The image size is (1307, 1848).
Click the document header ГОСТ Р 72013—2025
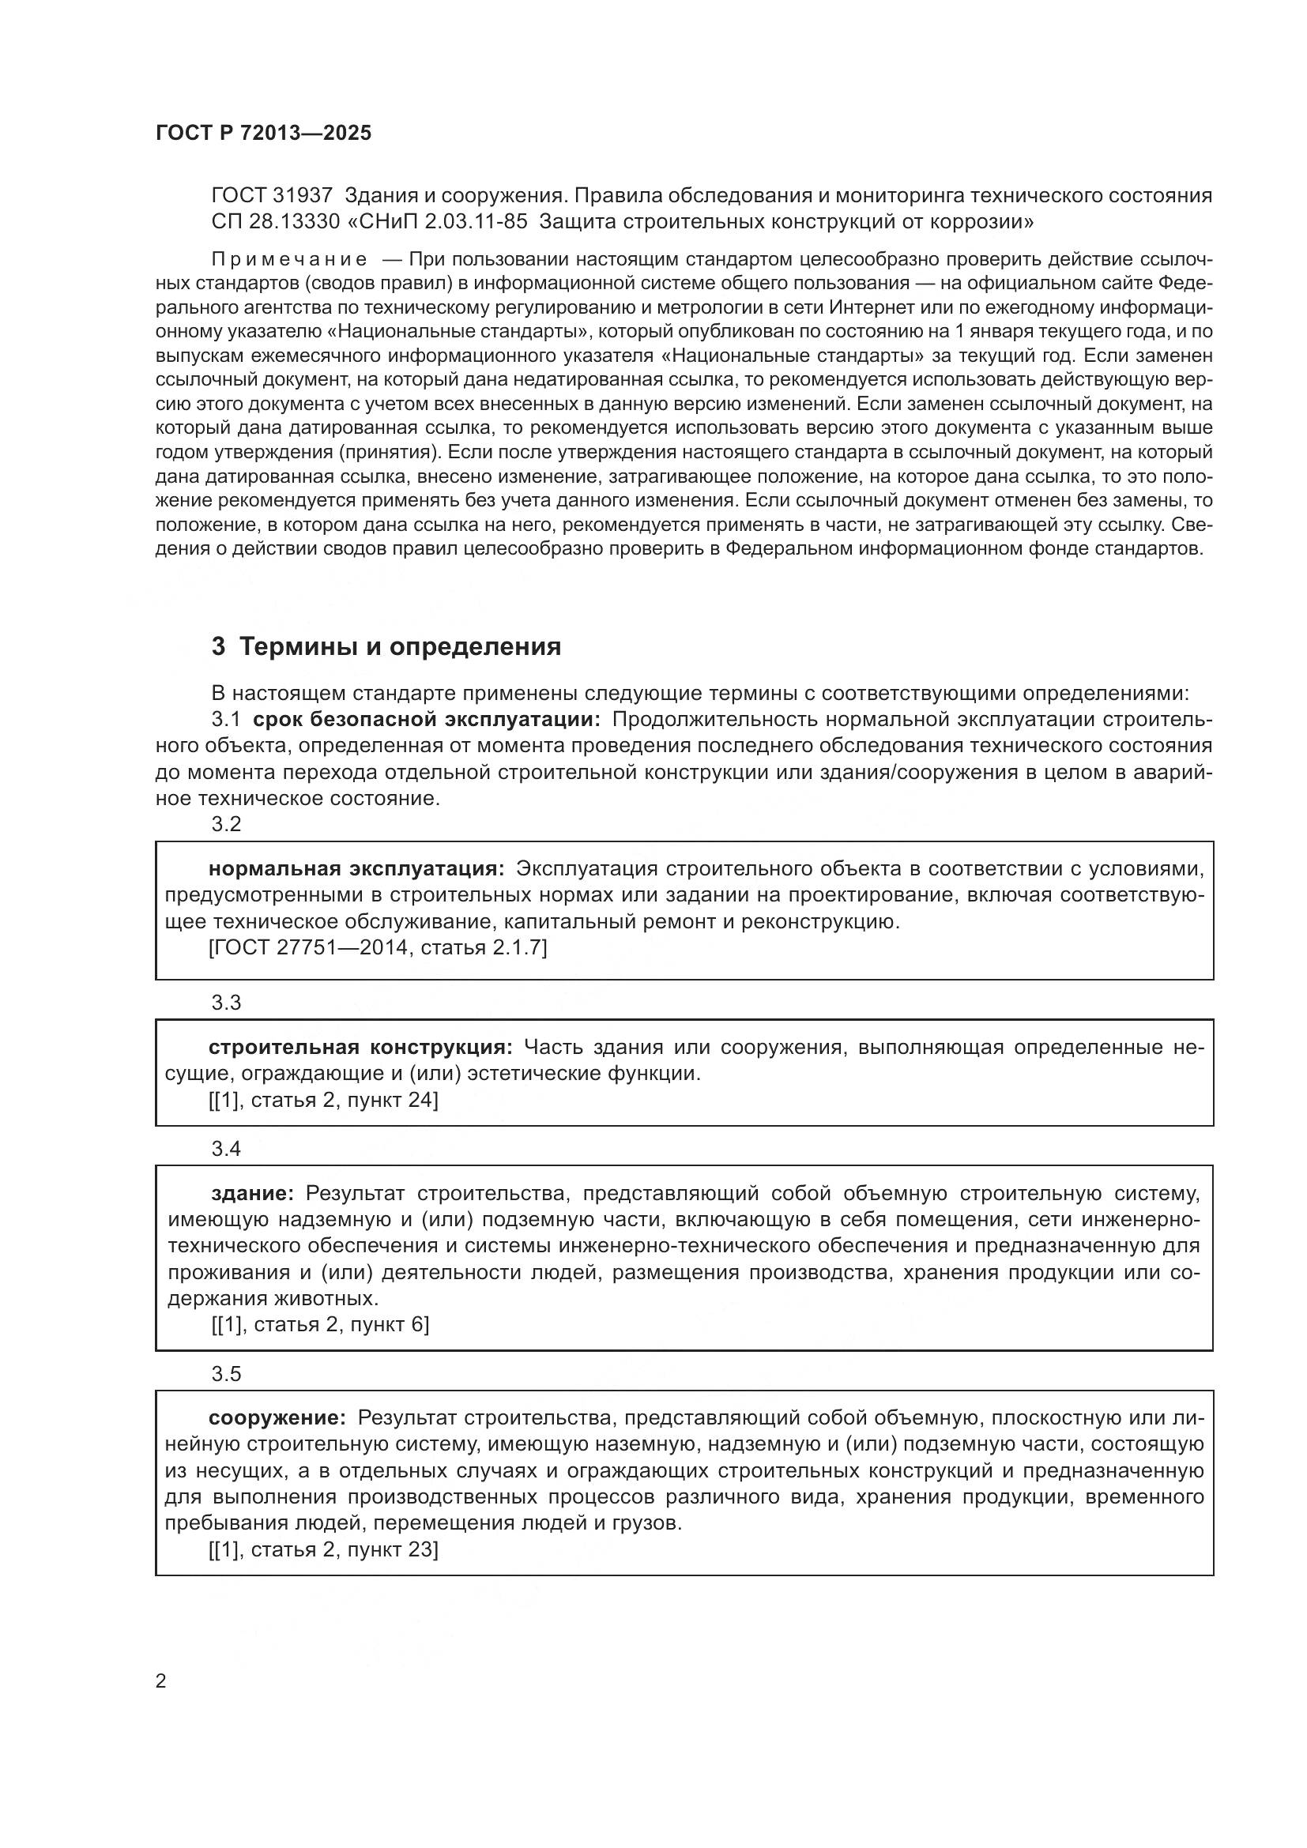point(263,134)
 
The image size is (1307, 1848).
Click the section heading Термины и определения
point(399,646)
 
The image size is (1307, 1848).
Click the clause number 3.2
point(226,824)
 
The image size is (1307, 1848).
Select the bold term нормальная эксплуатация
point(356,869)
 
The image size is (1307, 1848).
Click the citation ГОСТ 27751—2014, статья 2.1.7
point(378,947)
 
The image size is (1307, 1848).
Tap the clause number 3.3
point(226,1002)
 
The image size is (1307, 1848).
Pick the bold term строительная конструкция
point(360,1047)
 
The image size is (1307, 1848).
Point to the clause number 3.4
point(226,1149)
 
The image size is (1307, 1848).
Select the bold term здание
point(251,1193)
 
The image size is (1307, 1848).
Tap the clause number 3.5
point(226,1374)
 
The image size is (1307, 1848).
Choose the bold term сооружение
point(277,1417)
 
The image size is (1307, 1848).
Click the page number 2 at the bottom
point(161,1681)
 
